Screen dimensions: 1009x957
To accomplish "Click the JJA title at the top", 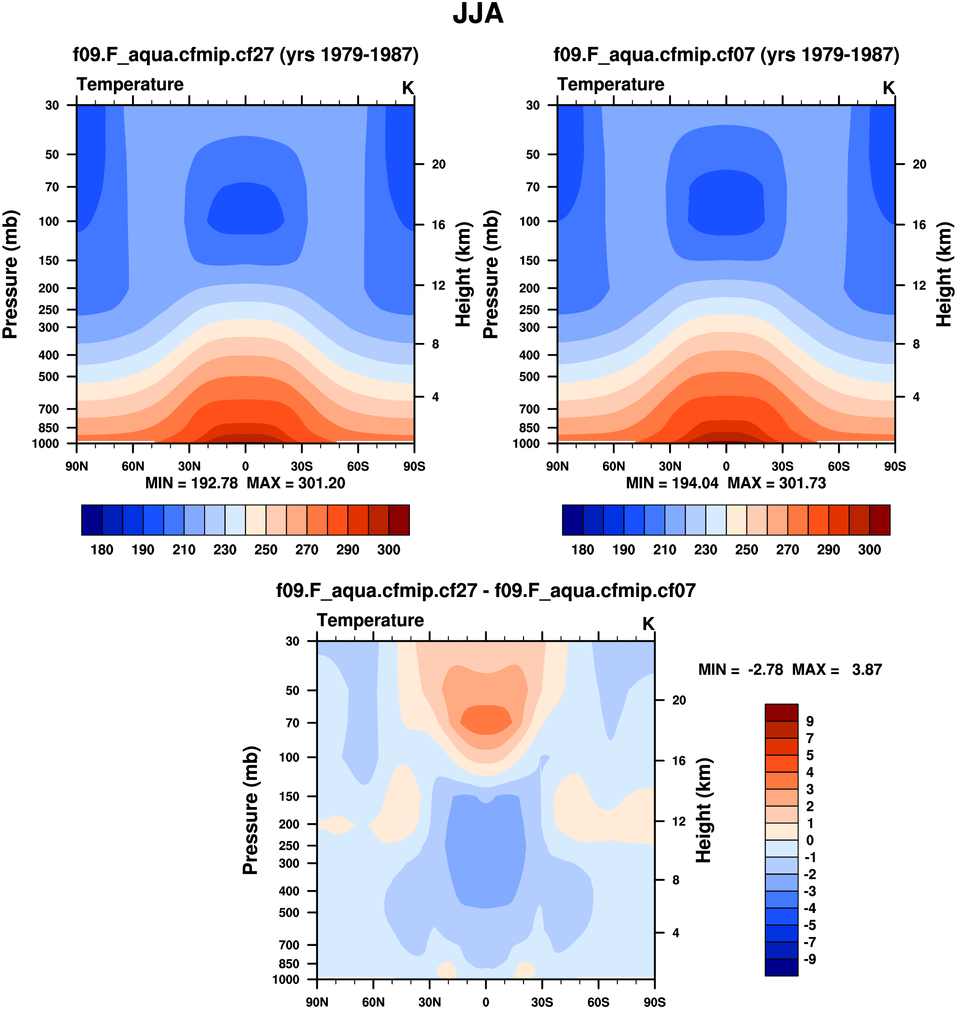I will pos(478,14).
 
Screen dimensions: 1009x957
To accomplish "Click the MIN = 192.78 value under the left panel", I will pos(191,483).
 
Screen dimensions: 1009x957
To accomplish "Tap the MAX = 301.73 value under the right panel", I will pos(777,483).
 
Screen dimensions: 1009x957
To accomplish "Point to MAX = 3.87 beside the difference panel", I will pos(837,669).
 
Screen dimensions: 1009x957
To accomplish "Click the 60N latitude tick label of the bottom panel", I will pos(373,1002).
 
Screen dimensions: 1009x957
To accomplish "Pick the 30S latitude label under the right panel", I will pos(782,466).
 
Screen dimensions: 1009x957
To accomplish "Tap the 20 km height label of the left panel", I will pos(438,164).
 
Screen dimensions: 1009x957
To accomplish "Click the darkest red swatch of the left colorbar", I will pos(399,520).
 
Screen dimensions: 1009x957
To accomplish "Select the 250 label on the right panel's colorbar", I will pos(746,550).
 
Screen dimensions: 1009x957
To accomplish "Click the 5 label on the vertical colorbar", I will pos(810,755).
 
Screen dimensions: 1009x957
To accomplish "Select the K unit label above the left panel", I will pos(408,88).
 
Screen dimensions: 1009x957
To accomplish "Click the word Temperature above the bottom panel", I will pos(371,620).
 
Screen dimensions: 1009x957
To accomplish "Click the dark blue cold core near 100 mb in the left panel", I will pos(245,214).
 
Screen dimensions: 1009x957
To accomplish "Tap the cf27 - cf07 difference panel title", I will pos(486,590).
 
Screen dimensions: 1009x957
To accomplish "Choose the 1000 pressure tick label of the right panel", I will pos(526,443).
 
